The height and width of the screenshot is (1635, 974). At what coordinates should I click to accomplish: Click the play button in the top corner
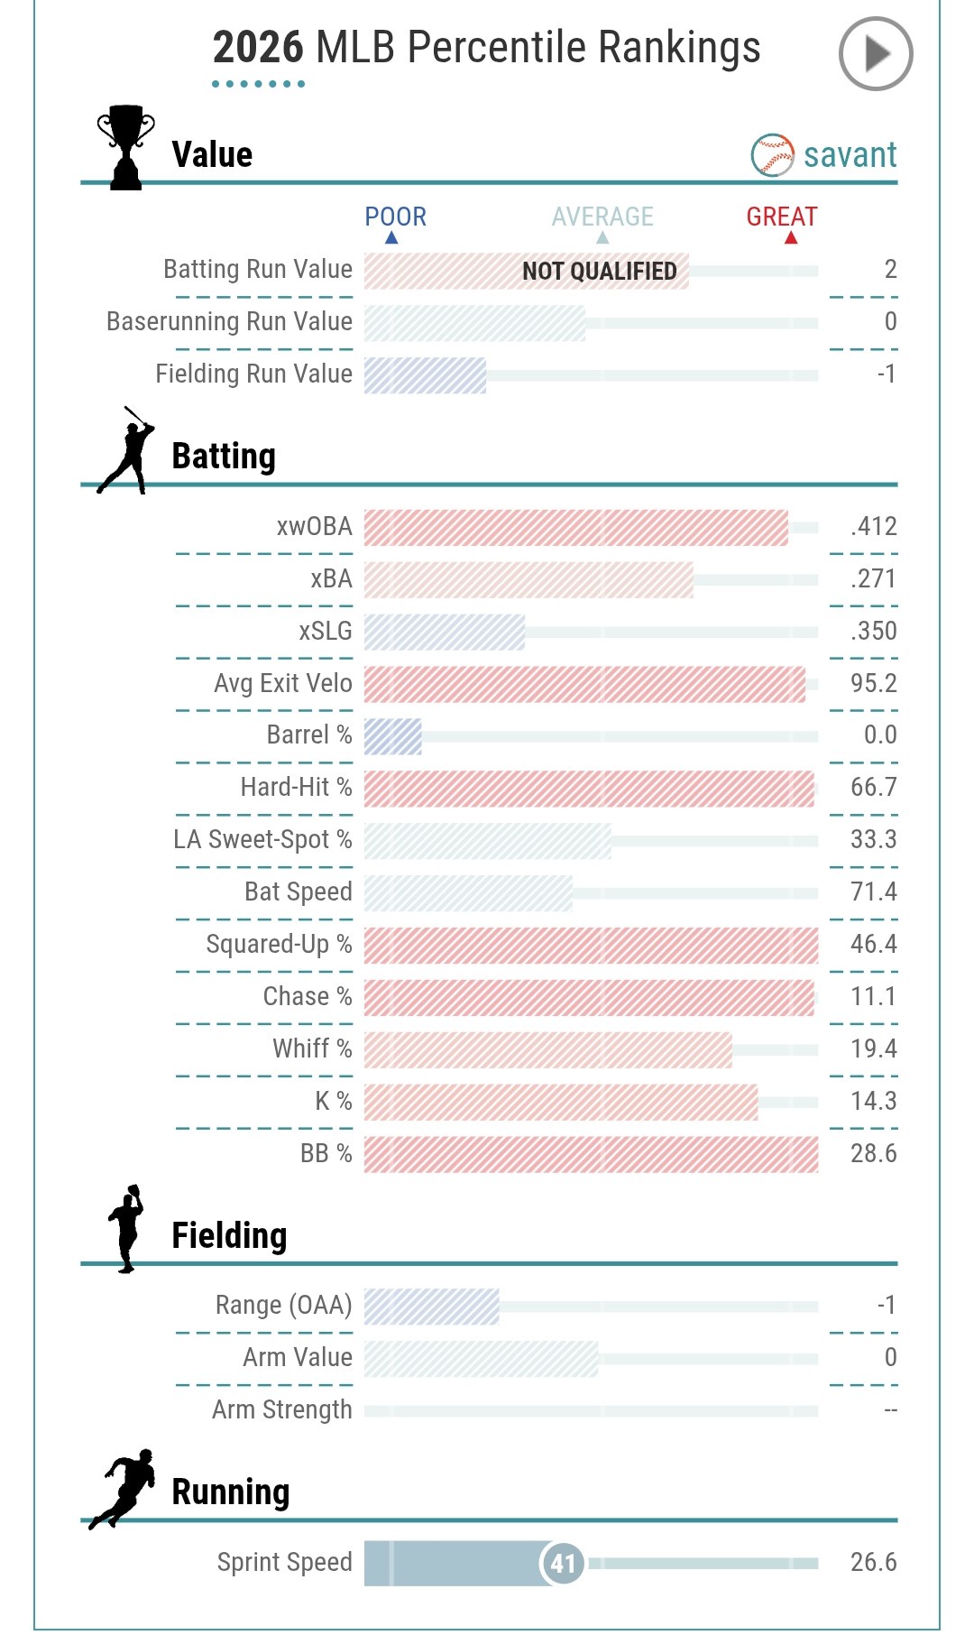pyautogui.click(x=875, y=54)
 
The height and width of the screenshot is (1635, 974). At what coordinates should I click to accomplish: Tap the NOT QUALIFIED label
pyautogui.click(x=599, y=271)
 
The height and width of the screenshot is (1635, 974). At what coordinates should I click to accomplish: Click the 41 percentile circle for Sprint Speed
pyautogui.click(x=563, y=1563)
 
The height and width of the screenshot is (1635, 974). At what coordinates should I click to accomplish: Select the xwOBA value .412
pyautogui.click(x=873, y=526)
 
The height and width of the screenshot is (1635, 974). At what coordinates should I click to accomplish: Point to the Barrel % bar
pyautogui.click(x=393, y=736)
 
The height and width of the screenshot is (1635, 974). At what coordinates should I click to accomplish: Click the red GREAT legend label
pyautogui.click(x=781, y=217)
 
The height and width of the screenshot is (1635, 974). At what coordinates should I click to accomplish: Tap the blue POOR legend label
pyautogui.click(x=395, y=217)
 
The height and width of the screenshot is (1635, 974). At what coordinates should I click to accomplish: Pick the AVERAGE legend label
pyautogui.click(x=602, y=217)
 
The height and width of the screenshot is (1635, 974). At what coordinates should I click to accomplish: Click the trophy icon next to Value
pyautogui.click(x=125, y=147)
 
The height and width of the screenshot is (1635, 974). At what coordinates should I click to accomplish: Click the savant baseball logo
pyautogui.click(x=772, y=155)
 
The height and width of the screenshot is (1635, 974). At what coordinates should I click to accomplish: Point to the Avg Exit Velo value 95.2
pyautogui.click(x=873, y=683)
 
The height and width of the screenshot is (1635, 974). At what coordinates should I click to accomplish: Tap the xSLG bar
pyautogui.click(x=445, y=632)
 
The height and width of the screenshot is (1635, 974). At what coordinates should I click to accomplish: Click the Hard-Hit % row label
pyautogui.click(x=296, y=787)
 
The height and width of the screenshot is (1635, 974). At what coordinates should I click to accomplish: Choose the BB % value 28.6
pyautogui.click(x=873, y=1153)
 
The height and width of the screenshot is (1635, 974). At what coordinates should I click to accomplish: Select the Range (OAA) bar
pyautogui.click(x=431, y=1306)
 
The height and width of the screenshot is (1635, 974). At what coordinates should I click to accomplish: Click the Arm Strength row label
pyautogui.click(x=281, y=1409)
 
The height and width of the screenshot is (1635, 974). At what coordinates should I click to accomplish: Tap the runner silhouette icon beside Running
pyautogui.click(x=124, y=1489)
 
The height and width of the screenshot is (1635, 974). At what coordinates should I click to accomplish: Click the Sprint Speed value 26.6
pyautogui.click(x=873, y=1562)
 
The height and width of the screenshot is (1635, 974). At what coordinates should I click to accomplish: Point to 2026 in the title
pyautogui.click(x=258, y=47)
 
